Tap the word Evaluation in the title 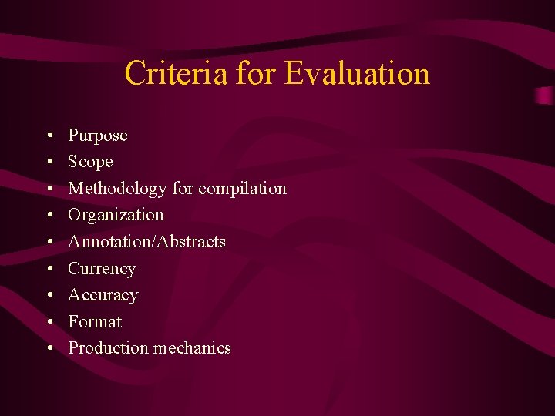pyautogui.click(x=357, y=74)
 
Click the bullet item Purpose pyautogui.click(x=98, y=136)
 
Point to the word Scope pyautogui.click(x=90, y=162)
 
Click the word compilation pyautogui.click(x=242, y=189)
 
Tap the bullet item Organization pyautogui.click(x=116, y=215)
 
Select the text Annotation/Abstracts pyautogui.click(x=146, y=242)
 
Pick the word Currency pyautogui.click(x=102, y=269)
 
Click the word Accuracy pyautogui.click(x=103, y=295)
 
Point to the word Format pyautogui.click(x=95, y=321)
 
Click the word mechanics pyautogui.click(x=190, y=348)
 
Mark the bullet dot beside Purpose pyautogui.click(x=49, y=136)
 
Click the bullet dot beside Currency pyautogui.click(x=49, y=270)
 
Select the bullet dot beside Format pyautogui.click(x=49, y=323)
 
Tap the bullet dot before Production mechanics pyautogui.click(x=49, y=349)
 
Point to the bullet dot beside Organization pyautogui.click(x=49, y=216)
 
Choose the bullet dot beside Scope pyautogui.click(x=49, y=163)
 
